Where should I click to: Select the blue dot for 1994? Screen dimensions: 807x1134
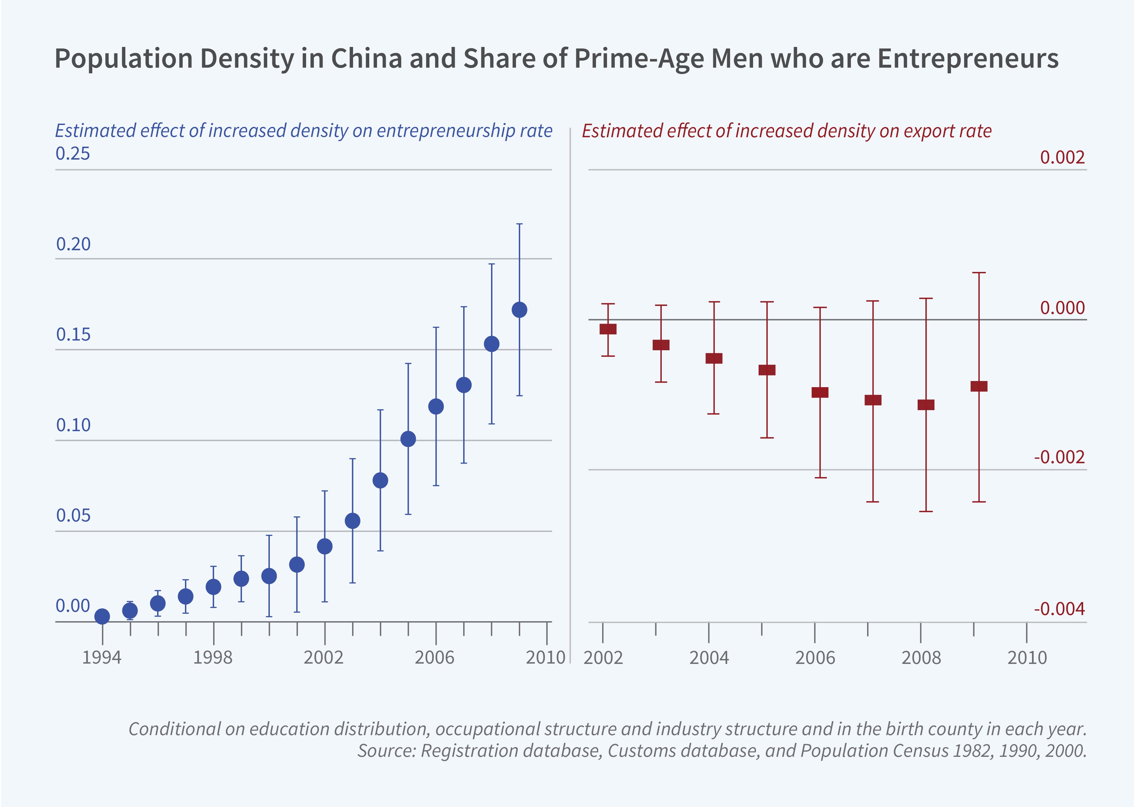point(102,616)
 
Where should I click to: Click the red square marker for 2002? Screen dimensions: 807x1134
point(608,329)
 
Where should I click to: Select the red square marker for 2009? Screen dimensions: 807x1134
point(979,386)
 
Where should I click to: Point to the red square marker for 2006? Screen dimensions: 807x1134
point(820,392)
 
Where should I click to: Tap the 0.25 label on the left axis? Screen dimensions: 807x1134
point(73,153)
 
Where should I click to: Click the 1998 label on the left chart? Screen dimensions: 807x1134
point(213,657)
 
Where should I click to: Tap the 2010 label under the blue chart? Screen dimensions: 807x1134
point(545,657)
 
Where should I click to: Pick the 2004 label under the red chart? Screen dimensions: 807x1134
point(709,657)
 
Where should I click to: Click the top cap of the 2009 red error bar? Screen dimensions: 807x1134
point(979,273)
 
